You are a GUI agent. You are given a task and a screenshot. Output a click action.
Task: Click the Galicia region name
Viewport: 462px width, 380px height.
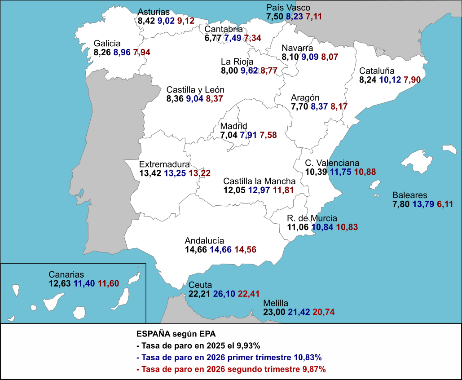(x=107, y=43)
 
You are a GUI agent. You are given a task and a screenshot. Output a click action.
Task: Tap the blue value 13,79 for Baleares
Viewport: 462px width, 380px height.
(x=423, y=204)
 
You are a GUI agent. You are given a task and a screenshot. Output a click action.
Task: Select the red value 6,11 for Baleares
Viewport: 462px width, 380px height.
(x=445, y=204)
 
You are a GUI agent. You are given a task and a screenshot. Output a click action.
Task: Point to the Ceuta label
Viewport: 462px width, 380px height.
(x=200, y=285)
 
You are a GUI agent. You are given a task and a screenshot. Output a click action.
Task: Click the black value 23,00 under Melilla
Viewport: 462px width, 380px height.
(x=274, y=312)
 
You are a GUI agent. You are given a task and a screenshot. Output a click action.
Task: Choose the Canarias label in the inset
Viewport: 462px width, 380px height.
(x=66, y=274)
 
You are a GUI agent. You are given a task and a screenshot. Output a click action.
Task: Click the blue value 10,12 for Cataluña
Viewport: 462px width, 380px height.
(x=390, y=80)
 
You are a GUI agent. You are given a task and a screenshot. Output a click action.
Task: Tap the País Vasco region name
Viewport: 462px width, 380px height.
(x=288, y=8)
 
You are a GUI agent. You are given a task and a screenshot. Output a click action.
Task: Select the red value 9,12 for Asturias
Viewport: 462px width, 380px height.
(x=186, y=21)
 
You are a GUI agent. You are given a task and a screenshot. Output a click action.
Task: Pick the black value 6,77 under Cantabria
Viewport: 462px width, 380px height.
(x=213, y=38)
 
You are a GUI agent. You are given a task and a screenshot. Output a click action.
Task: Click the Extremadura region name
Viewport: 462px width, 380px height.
(x=164, y=164)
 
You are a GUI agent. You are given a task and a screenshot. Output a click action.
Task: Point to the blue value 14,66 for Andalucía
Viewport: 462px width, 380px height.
(x=221, y=249)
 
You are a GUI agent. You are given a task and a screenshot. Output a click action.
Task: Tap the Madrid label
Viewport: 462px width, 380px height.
(x=233, y=126)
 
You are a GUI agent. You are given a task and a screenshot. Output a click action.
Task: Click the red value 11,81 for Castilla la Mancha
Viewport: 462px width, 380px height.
(x=283, y=190)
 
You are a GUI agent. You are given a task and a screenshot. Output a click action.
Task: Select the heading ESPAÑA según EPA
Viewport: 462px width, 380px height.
(x=176, y=334)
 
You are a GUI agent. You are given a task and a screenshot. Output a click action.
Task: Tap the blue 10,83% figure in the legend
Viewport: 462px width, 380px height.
(x=308, y=357)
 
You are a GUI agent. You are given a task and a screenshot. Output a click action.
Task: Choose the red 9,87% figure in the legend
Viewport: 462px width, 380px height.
(x=314, y=369)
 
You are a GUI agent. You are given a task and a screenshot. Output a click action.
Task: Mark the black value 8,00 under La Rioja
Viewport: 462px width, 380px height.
(x=229, y=71)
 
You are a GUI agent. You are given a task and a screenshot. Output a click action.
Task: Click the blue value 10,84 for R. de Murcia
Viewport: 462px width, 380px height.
(x=323, y=227)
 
